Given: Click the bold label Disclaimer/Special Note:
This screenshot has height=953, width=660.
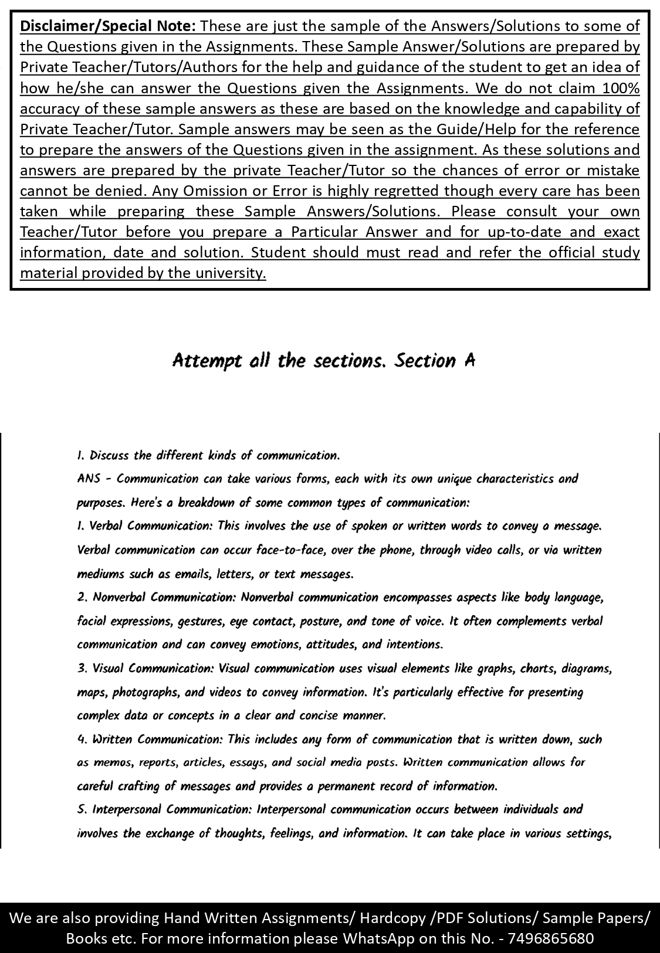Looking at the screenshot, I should (x=109, y=26).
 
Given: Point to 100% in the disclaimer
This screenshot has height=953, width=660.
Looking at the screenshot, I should (x=620, y=88).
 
